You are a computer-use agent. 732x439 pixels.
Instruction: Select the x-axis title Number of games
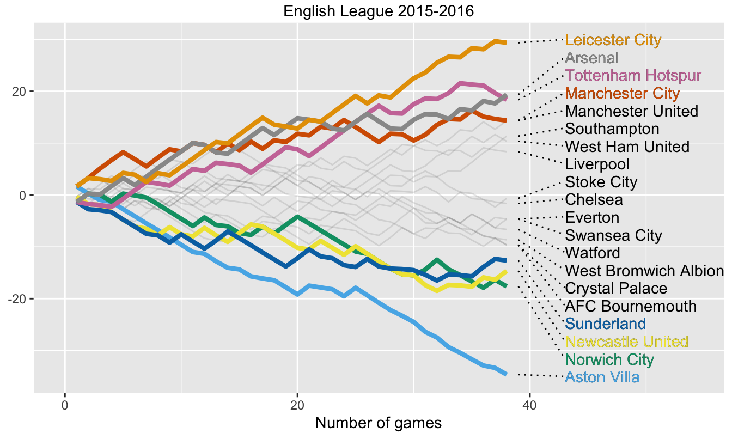(x=379, y=423)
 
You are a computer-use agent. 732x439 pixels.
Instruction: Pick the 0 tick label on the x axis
(x=65, y=405)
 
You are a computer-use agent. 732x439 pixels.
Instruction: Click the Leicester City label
(x=613, y=40)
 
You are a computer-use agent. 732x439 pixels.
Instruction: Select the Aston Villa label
(x=602, y=377)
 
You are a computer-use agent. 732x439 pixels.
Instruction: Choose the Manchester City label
(x=623, y=93)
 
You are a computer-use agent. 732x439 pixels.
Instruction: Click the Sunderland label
(x=606, y=324)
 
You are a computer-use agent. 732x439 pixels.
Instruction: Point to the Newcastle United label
(x=626, y=342)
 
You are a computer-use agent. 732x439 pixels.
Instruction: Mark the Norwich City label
(x=609, y=359)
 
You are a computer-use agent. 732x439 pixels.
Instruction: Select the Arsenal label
(x=592, y=58)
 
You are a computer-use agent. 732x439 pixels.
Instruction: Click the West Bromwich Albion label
(x=644, y=270)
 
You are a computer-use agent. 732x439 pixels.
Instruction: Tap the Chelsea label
(x=594, y=199)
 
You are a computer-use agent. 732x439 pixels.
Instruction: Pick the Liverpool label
(x=597, y=164)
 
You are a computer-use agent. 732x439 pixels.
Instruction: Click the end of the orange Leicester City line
(x=506, y=42)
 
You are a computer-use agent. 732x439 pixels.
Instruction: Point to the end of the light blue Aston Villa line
(x=506, y=374)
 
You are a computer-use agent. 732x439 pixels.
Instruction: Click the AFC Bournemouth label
(x=631, y=306)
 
